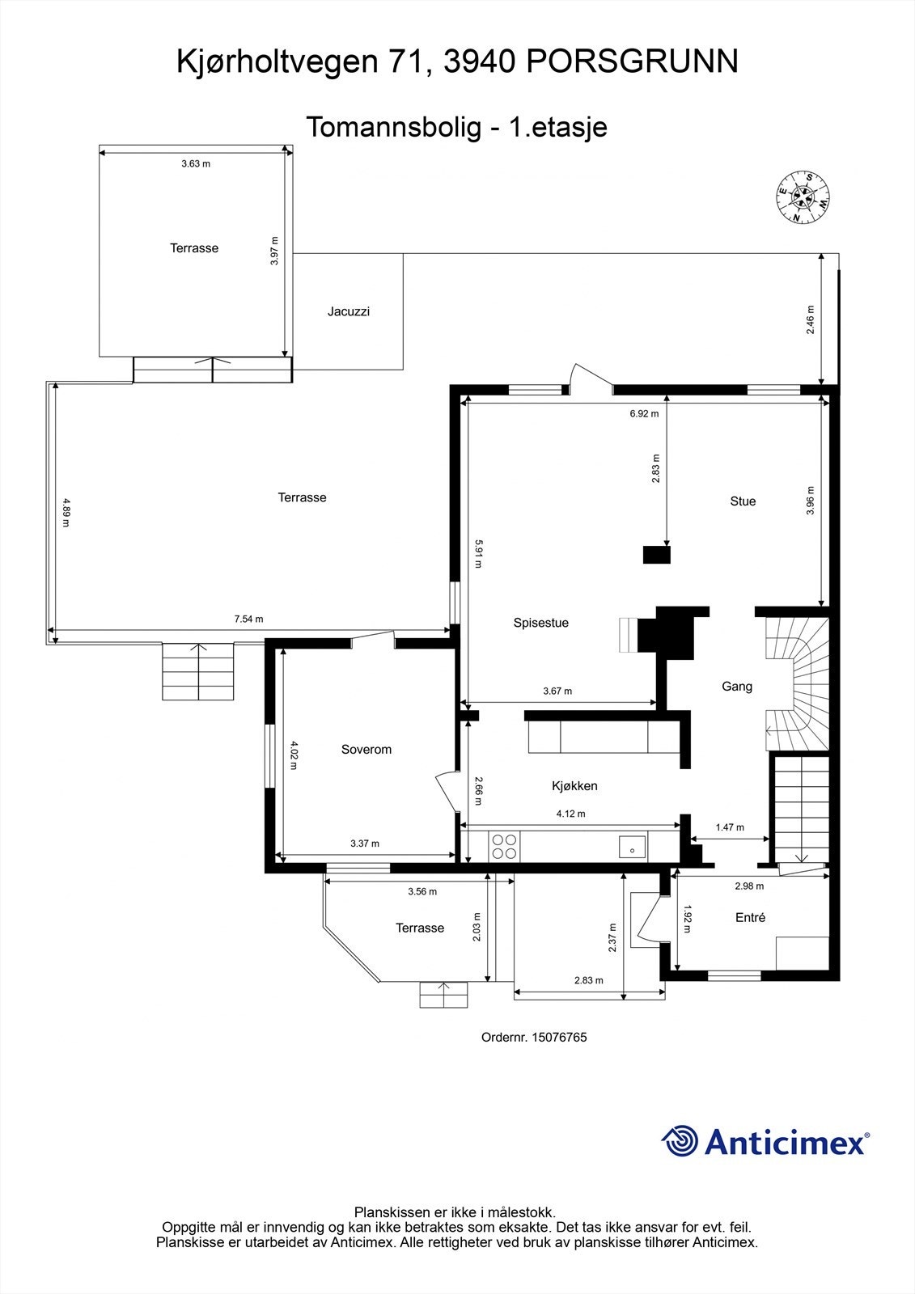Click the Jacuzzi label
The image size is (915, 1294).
coord(349,311)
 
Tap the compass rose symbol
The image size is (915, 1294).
coord(803,197)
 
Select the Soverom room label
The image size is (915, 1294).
coord(366,750)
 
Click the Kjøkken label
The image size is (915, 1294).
coord(574,785)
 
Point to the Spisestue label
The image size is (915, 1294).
coord(540,623)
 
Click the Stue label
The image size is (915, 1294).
coord(743,501)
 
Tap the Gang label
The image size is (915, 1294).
coord(737,687)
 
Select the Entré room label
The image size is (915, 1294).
coord(750,918)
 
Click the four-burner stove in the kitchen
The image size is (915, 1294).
coord(504,846)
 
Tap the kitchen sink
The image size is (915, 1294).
coord(632,847)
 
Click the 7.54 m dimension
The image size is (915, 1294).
coord(248,620)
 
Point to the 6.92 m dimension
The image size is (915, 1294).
coord(644,414)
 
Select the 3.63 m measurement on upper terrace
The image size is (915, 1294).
coord(195,164)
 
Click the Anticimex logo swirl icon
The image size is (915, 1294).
coord(680,1142)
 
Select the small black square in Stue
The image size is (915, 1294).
coord(657,555)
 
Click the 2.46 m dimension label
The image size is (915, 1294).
coord(811,319)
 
